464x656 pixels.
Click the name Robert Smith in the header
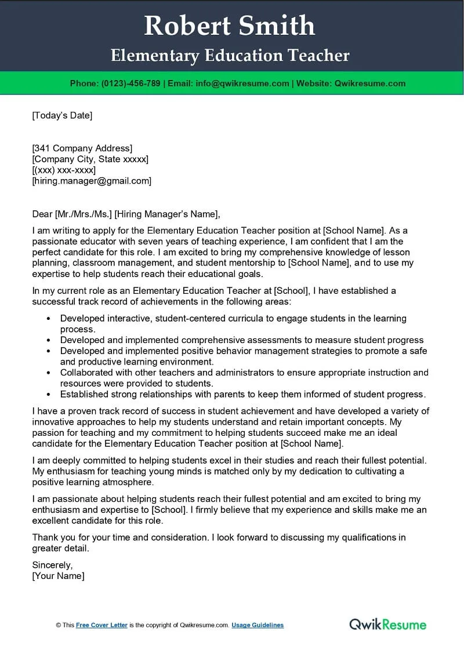(230, 26)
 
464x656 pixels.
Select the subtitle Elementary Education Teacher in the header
(230, 56)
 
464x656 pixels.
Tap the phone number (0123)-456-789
(130, 83)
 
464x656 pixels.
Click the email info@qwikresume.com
(242, 83)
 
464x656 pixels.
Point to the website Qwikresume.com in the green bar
(370, 83)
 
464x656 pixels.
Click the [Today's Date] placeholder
(62, 115)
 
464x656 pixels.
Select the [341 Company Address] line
(82, 148)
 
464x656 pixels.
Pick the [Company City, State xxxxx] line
(90, 159)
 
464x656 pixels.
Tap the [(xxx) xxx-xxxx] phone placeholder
(64, 170)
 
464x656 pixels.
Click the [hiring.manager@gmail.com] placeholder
(92, 181)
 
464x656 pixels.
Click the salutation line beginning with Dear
(126, 214)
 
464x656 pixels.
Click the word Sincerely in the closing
(52, 565)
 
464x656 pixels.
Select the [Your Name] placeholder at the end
(58, 576)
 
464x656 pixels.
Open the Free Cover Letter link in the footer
(101, 625)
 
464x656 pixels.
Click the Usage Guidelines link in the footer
(258, 625)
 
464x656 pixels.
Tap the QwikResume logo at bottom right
(387, 624)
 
